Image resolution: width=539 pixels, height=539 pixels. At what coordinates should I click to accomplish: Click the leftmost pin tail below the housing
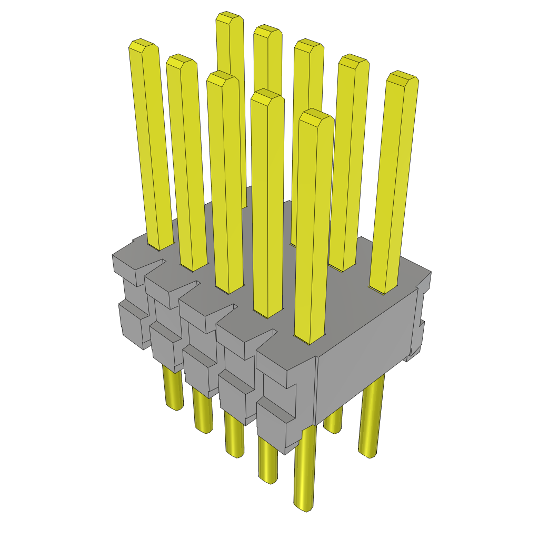point(172,390)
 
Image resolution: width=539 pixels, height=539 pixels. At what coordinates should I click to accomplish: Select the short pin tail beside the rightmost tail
point(333,421)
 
